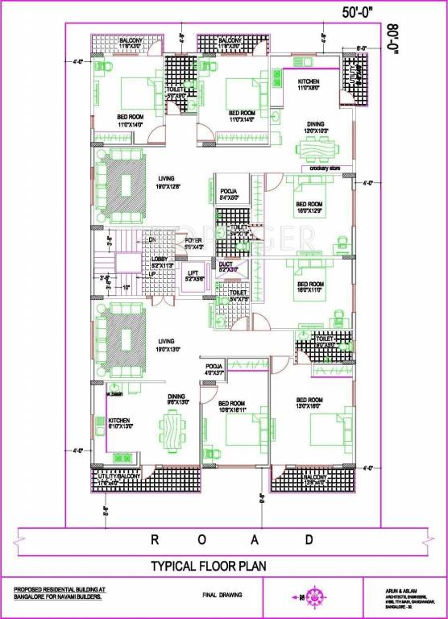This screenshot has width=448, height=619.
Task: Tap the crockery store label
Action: pos(325,168)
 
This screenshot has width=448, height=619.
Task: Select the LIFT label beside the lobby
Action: pos(193,273)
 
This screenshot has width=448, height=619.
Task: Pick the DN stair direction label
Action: pos(151,239)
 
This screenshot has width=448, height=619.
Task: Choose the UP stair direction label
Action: pos(151,274)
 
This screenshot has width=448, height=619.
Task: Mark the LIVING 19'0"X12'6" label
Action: pos(168,182)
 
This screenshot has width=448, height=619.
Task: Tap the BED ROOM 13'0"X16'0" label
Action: pos(309,404)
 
